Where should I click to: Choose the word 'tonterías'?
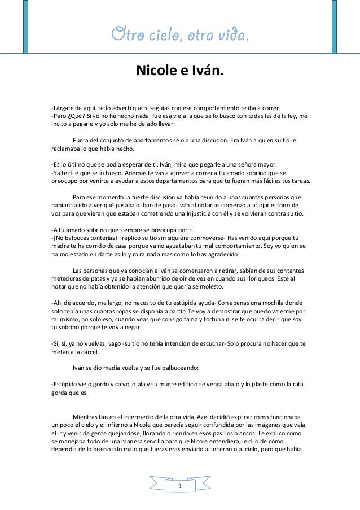(x=100, y=238)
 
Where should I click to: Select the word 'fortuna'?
(x=225, y=319)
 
